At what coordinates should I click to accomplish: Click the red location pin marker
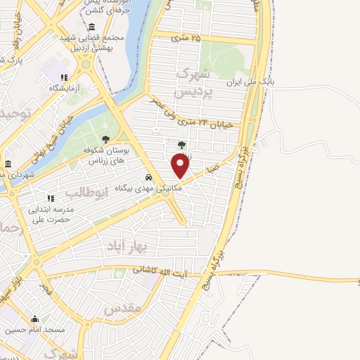tap(181, 166)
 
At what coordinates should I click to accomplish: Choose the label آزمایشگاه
tap(63, 88)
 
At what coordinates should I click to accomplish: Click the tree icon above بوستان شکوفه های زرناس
tap(105, 139)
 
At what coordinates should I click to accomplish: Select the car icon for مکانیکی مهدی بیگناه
tap(148, 177)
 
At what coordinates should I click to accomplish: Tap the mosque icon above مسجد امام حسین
tap(34, 318)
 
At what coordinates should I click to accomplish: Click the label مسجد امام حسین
tap(35, 329)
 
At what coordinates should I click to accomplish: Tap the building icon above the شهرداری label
tap(7, 164)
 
